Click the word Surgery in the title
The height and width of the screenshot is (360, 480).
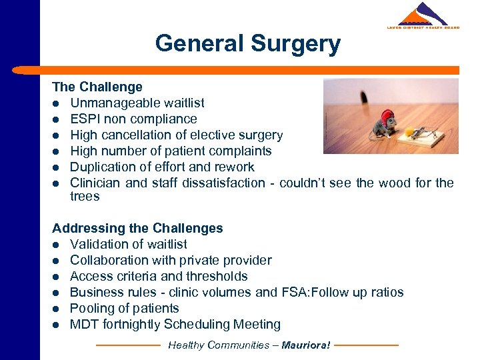pos(295,44)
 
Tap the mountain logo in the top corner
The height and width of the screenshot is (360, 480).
pos(423,15)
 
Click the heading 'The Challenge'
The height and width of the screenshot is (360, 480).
pos(97,87)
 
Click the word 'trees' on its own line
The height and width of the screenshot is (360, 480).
pos(85,196)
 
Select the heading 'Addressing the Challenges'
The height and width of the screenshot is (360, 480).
pos(137,228)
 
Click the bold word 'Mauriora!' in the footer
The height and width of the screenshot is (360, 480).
pos(306,345)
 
